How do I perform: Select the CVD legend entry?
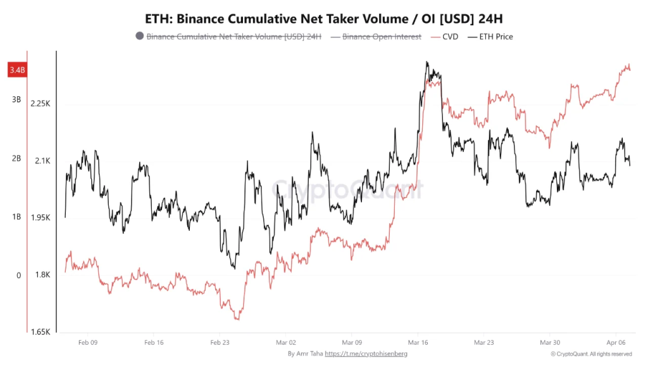coord(449,37)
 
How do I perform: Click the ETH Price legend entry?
coord(495,37)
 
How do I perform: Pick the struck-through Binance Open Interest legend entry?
coord(382,37)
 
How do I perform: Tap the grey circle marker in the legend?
coord(139,37)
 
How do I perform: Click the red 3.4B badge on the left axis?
coord(16,70)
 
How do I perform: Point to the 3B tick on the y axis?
coord(16,99)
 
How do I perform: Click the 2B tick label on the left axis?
coord(16,158)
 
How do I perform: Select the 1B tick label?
coord(16,217)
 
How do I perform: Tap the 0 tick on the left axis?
coord(18,276)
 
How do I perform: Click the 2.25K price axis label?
coord(40,104)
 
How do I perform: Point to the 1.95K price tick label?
coord(40,218)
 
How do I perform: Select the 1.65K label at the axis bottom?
coord(40,332)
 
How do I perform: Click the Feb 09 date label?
coord(88,342)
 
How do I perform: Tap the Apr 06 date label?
coord(616,342)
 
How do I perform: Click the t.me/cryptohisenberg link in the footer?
coord(366,354)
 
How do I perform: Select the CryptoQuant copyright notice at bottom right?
coord(591,354)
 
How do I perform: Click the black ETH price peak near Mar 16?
coord(428,63)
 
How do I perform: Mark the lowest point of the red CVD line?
coord(237,319)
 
